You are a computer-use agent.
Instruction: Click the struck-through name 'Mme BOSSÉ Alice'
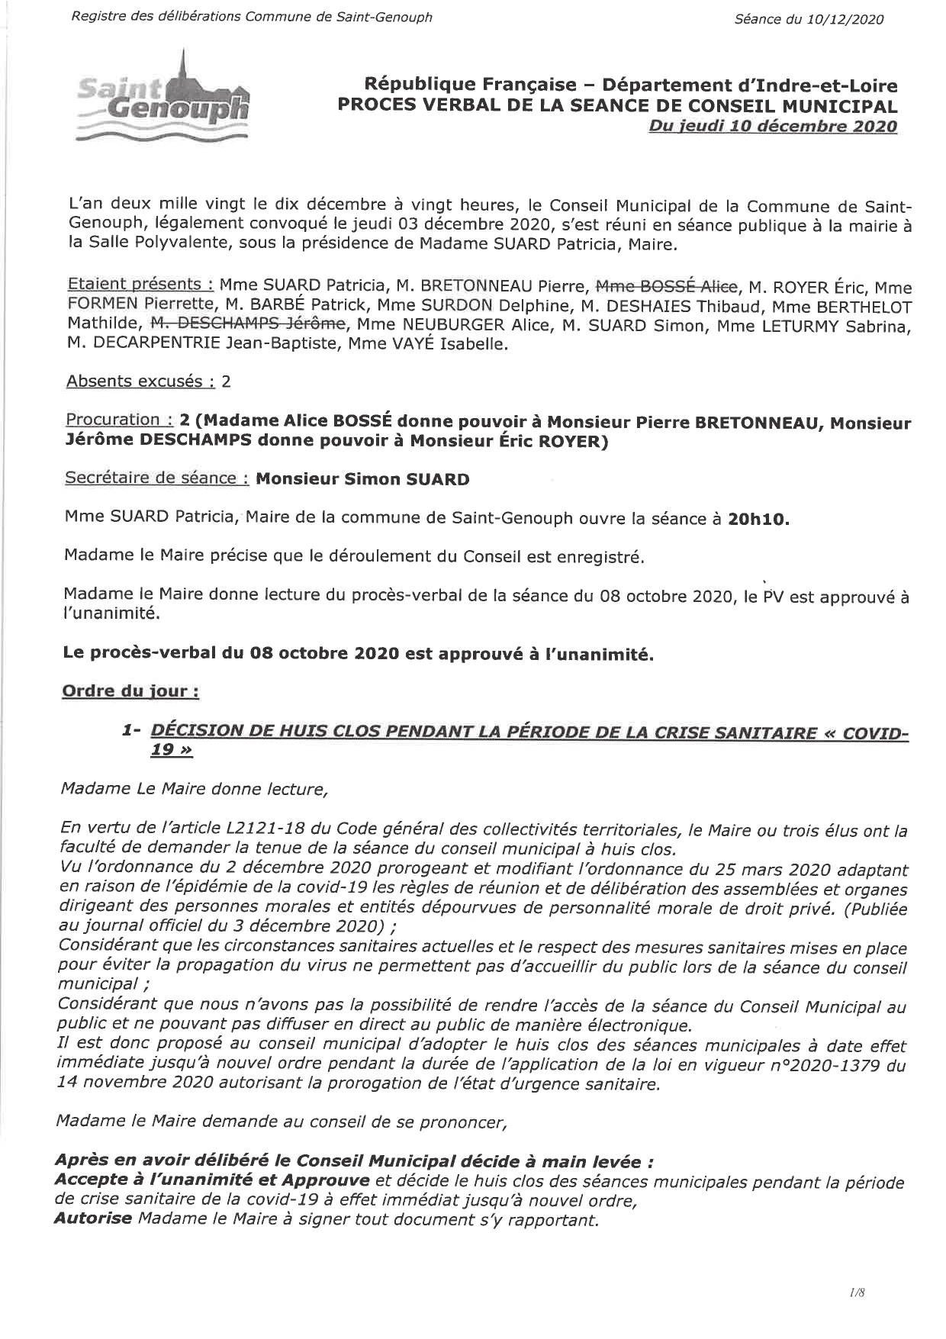pyautogui.click(x=666, y=287)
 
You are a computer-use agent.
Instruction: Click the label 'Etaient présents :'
pyautogui.click(x=140, y=285)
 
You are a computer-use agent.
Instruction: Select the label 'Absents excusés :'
pyautogui.click(x=140, y=381)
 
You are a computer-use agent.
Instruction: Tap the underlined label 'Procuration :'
pyautogui.click(x=118, y=420)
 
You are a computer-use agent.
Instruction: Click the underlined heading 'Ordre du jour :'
pyautogui.click(x=130, y=691)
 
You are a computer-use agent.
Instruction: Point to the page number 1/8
pyautogui.click(x=857, y=1292)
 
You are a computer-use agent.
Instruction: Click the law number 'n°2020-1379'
pyautogui.click(x=823, y=1065)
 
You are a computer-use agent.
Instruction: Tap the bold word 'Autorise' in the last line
pyautogui.click(x=93, y=1219)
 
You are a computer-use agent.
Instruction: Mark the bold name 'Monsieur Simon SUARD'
pyautogui.click(x=362, y=479)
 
